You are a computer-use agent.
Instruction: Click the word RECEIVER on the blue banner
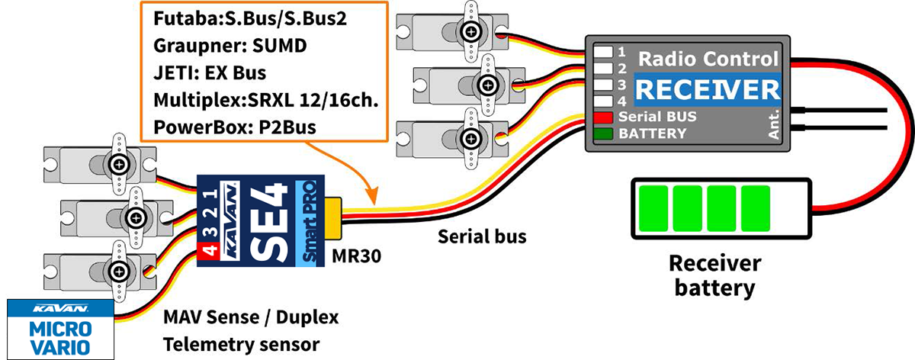click(x=708, y=90)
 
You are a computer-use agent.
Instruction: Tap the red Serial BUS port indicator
click(x=605, y=117)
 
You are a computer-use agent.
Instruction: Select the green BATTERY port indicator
click(x=605, y=133)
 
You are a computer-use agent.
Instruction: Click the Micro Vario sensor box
click(x=59, y=329)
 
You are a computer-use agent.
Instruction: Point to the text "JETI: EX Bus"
click(x=209, y=74)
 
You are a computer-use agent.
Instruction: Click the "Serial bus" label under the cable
click(x=482, y=236)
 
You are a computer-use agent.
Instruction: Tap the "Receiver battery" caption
click(x=714, y=276)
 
